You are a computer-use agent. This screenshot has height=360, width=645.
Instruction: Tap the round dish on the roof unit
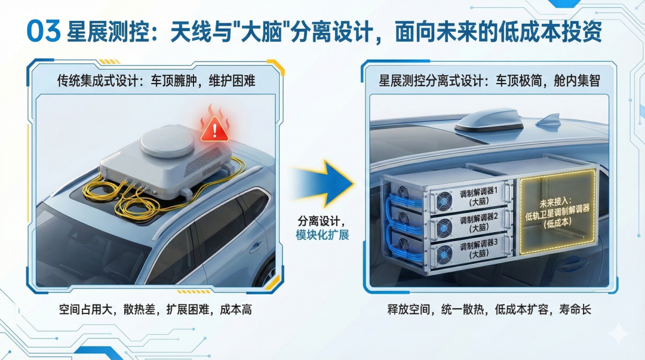coord(167,141)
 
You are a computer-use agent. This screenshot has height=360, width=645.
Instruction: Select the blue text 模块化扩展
coord(322,235)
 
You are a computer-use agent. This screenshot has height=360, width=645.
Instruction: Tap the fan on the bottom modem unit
coord(443,258)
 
